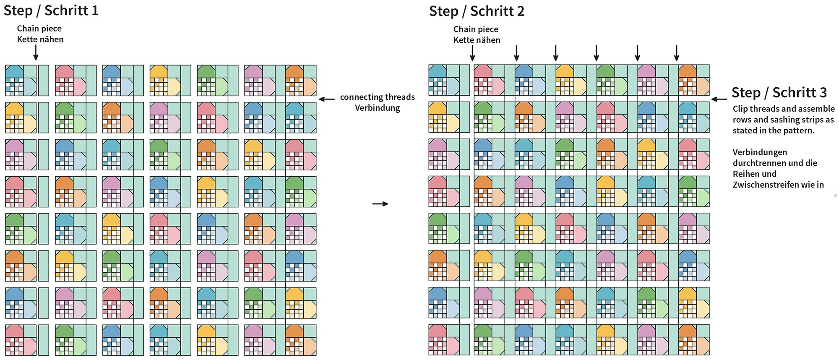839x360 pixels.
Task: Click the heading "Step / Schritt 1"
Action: pyautogui.click(x=51, y=10)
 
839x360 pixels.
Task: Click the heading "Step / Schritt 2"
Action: pyautogui.click(x=477, y=11)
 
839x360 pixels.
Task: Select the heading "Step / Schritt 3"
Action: pyautogui.click(x=779, y=92)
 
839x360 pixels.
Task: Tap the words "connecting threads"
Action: pyautogui.click(x=377, y=97)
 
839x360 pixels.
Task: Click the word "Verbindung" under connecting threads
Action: pyautogui.click(x=377, y=108)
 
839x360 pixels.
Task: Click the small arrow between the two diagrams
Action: pyautogui.click(x=380, y=204)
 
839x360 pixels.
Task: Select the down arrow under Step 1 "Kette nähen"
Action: pyautogui.click(x=36, y=52)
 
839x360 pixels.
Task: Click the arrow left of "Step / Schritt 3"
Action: pyautogui.click(x=719, y=99)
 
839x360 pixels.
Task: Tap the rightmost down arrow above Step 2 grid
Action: pyautogui.click(x=676, y=53)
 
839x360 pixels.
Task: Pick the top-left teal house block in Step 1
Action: pyautogui.click(x=21, y=81)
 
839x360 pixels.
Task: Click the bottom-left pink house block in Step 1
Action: pyautogui.click(x=21, y=340)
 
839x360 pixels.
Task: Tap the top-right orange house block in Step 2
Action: pyautogui.click(x=694, y=80)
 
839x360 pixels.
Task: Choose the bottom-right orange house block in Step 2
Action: pyautogui.click(x=694, y=339)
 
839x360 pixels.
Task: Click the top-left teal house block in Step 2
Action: pyautogui.click(x=444, y=80)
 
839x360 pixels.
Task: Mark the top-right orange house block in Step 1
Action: pyautogui.click(x=301, y=81)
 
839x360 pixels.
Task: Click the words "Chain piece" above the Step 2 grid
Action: pyautogui.click(x=476, y=29)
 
